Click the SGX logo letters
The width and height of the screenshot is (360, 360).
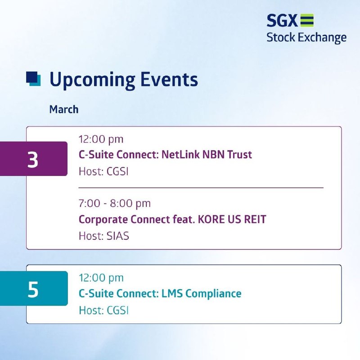tap(282, 20)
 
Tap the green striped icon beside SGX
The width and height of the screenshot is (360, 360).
tap(307, 20)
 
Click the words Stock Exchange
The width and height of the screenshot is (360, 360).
tap(306, 38)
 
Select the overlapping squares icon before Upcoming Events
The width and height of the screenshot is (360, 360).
tap(33, 79)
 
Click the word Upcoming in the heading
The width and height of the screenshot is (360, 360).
tap(92, 80)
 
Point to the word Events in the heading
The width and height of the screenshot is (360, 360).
tap(169, 79)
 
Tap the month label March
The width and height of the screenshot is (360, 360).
tap(64, 109)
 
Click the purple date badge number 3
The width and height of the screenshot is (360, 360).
tap(33, 160)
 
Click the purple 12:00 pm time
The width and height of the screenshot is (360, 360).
tap(101, 139)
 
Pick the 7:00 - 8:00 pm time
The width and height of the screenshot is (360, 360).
tap(115, 204)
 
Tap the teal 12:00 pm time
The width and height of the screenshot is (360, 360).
tap(101, 278)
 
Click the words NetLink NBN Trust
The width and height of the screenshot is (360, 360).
tap(207, 154)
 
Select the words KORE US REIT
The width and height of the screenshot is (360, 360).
tap(232, 219)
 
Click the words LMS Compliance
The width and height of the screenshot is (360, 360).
tap(202, 294)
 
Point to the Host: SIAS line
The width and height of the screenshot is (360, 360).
tap(104, 236)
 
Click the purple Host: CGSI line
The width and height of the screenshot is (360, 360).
tap(103, 171)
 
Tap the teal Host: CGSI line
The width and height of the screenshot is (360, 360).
tap(103, 310)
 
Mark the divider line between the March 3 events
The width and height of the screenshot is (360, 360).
tap(201, 188)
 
